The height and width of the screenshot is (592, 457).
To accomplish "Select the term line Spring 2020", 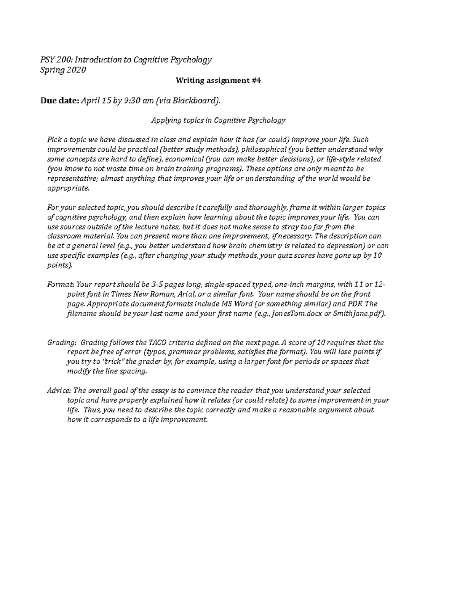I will (x=63, y=70).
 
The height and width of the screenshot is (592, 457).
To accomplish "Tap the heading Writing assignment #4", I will (x=218, y=80).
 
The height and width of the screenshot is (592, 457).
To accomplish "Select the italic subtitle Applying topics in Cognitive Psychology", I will (x=218, y=120).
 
